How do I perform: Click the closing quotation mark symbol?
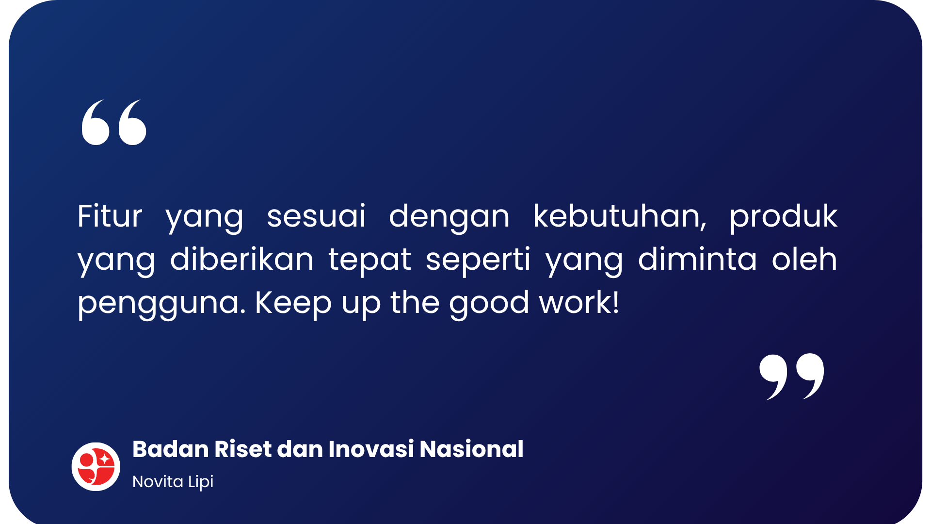pos(792,377)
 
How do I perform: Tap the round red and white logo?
pos(96,466)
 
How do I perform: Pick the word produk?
pos(784,217)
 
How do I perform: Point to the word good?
pos(489,303)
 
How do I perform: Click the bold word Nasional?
pos(472,449)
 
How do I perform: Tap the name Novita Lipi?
pos(173,482)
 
